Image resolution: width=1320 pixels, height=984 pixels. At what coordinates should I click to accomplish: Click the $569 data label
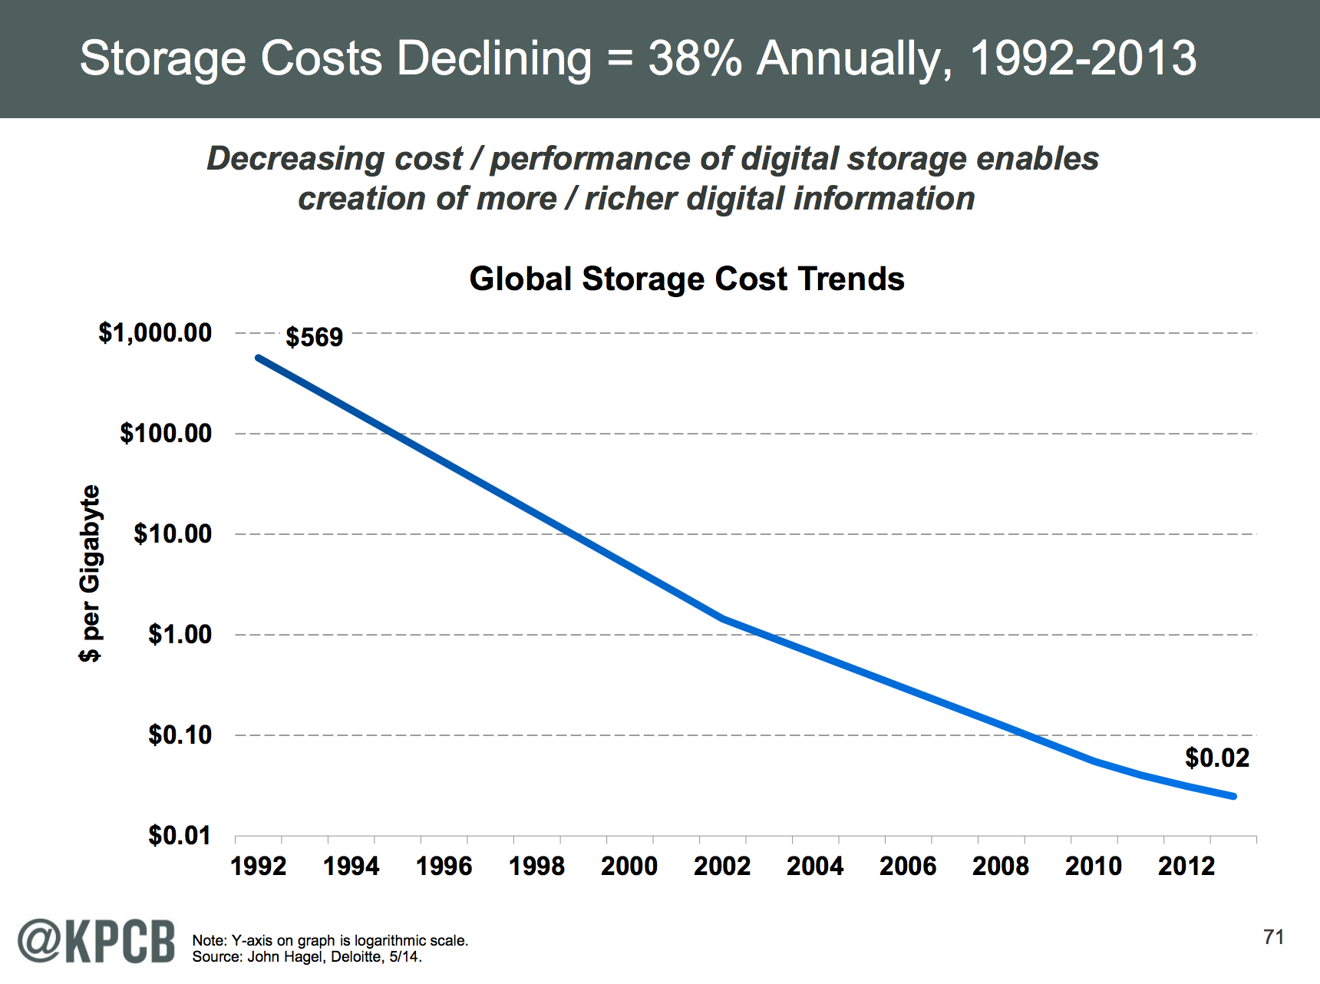click(x=314, y=338)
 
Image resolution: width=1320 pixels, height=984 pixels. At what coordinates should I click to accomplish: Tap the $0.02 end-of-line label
click(x=1217, y=758)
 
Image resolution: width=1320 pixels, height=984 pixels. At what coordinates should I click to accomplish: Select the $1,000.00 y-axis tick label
click(x=155, y=333)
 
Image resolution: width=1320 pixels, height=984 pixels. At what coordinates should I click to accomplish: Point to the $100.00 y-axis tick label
click(x=166, y=434)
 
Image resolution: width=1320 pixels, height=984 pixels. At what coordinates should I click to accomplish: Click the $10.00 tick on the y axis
click(x=173, y=534)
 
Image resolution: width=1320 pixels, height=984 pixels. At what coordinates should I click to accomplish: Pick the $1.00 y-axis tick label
click(x=180, y=635)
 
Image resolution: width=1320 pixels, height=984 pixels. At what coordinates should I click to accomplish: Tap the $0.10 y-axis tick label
click(x=180, y=735)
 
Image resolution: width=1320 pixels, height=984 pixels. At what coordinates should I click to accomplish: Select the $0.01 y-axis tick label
click(x=180, y=836)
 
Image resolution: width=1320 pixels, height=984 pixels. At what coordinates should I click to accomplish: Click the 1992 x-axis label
click(x=259, y=867)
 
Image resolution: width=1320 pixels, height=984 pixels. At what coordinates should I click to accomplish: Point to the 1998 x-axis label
click(x=536, y=867)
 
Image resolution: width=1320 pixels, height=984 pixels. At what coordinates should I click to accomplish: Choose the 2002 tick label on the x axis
click(x=722, y=867)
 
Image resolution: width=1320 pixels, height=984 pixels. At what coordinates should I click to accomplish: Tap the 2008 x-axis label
click(x=1001, y=867)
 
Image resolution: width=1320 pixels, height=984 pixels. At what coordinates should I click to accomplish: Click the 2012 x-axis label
click(x=1186, y=867)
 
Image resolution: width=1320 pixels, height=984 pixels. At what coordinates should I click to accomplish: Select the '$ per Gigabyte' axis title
click(x=91, y=573)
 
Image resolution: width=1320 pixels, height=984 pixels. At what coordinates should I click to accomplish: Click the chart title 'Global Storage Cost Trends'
click(x=687, y=279)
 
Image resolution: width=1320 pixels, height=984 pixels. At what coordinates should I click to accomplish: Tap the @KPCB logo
click(x=97, y=940)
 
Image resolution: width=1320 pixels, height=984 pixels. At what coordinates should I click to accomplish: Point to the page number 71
click(x=1273, y=937)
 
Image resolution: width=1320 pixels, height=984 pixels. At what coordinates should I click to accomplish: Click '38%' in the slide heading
click(x=695, y=58)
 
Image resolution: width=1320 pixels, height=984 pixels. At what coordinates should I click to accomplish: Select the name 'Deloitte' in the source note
click(x=357, y=957)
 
